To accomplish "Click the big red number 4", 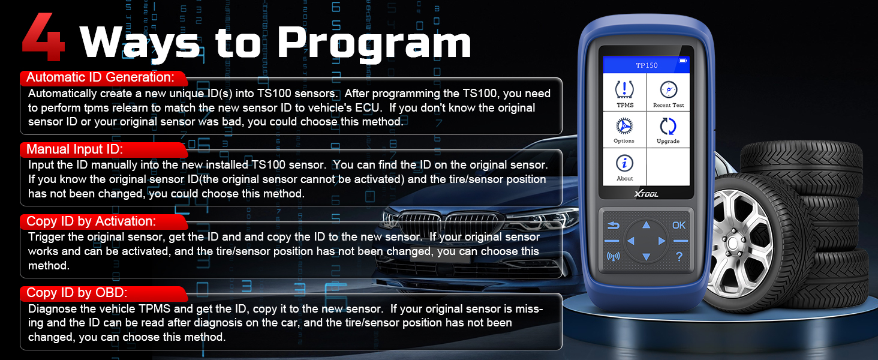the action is [43, 37].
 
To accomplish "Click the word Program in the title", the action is [374, 44].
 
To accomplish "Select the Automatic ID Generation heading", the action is [100, 77].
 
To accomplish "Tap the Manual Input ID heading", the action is [74, 149].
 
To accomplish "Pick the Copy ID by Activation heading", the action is [91, 221].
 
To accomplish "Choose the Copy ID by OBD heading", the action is [77, 293].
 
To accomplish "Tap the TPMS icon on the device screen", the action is [624, 89].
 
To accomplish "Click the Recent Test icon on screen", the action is [668, 89].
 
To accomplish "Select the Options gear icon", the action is [624, 126].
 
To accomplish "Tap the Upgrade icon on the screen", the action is [668, 126].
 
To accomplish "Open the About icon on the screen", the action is [624, 163].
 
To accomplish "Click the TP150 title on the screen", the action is [647, 65].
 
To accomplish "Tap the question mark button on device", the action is [679, 257].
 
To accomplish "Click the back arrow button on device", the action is [613, 226].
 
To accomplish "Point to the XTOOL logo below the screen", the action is [647, 194].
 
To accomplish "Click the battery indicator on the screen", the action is [683, 61].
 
